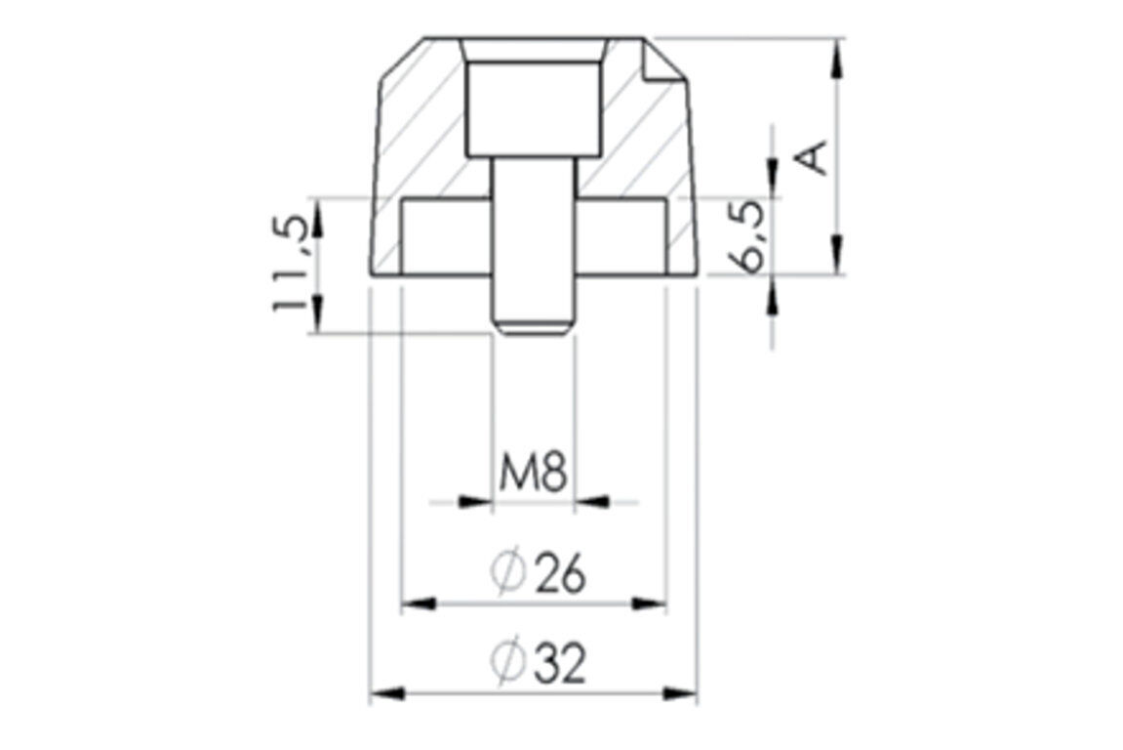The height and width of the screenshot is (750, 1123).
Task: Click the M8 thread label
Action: click(x=533, y=474)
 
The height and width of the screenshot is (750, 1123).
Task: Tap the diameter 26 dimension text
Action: click(x=538, y=573)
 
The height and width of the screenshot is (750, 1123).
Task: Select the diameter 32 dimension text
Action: click(x=538, y=661)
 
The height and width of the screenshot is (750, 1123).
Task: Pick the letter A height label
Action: click(x=813, y=158)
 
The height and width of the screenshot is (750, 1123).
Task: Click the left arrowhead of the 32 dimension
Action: click(x=387, y=694)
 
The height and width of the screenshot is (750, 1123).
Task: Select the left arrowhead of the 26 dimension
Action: click(x=419, y=604)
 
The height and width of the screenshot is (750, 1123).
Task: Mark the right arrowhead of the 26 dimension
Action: click(x=649, y=604)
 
